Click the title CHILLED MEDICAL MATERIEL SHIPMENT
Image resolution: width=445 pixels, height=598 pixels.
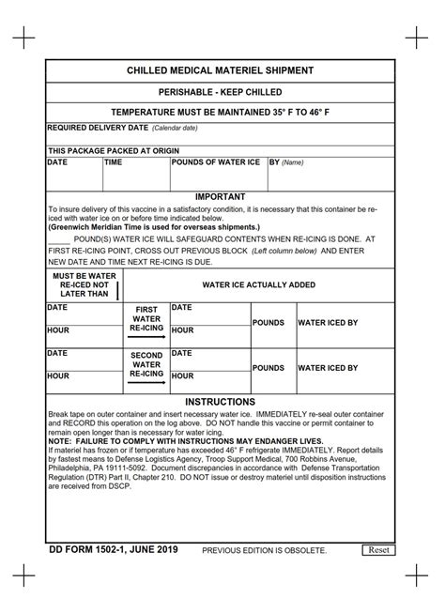(221, 71)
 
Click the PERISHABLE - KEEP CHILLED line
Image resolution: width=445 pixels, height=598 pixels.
(221, 93)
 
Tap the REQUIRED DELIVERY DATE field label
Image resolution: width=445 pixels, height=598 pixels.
(98, 127)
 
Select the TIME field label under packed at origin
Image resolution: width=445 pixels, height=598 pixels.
(114, 162)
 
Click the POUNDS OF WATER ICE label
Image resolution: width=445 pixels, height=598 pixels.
(216, 162)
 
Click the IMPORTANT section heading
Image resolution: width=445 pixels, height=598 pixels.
(221, 196)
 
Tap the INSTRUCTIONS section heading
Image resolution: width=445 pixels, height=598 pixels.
(221, 401)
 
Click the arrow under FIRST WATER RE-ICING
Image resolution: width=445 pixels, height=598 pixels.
(146, 336)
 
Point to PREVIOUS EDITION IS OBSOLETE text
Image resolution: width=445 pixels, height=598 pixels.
(265, 550)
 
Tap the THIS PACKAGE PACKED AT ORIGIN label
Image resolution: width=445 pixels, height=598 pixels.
(113, 150)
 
